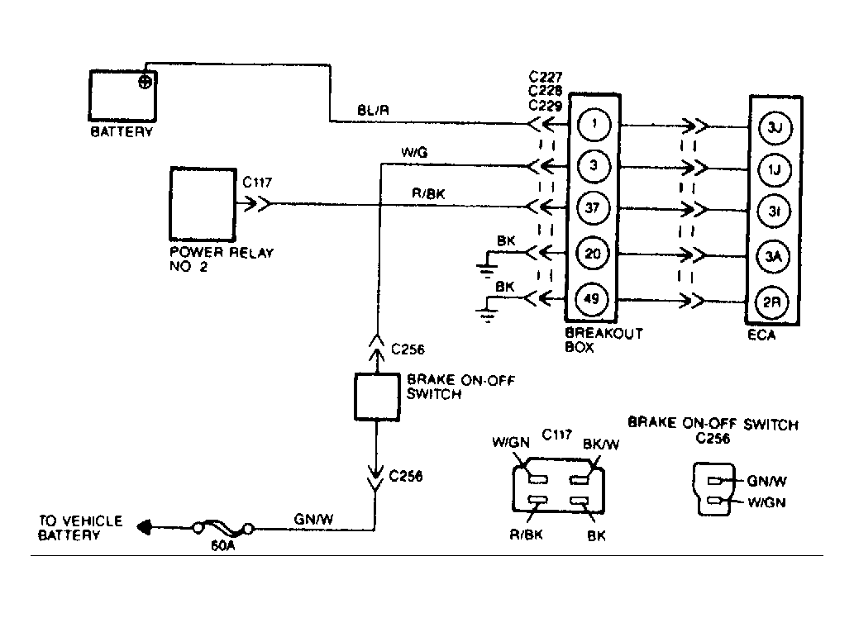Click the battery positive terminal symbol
(146, 81)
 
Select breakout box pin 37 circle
(592, 207)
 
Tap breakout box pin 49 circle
(592, 298)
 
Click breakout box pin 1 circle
(592, 126)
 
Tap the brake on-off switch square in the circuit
(377, 397)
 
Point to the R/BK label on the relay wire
(428, 193)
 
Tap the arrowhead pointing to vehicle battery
(146, 526)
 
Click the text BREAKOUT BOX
(604, 340)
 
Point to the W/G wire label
(413, 153)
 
